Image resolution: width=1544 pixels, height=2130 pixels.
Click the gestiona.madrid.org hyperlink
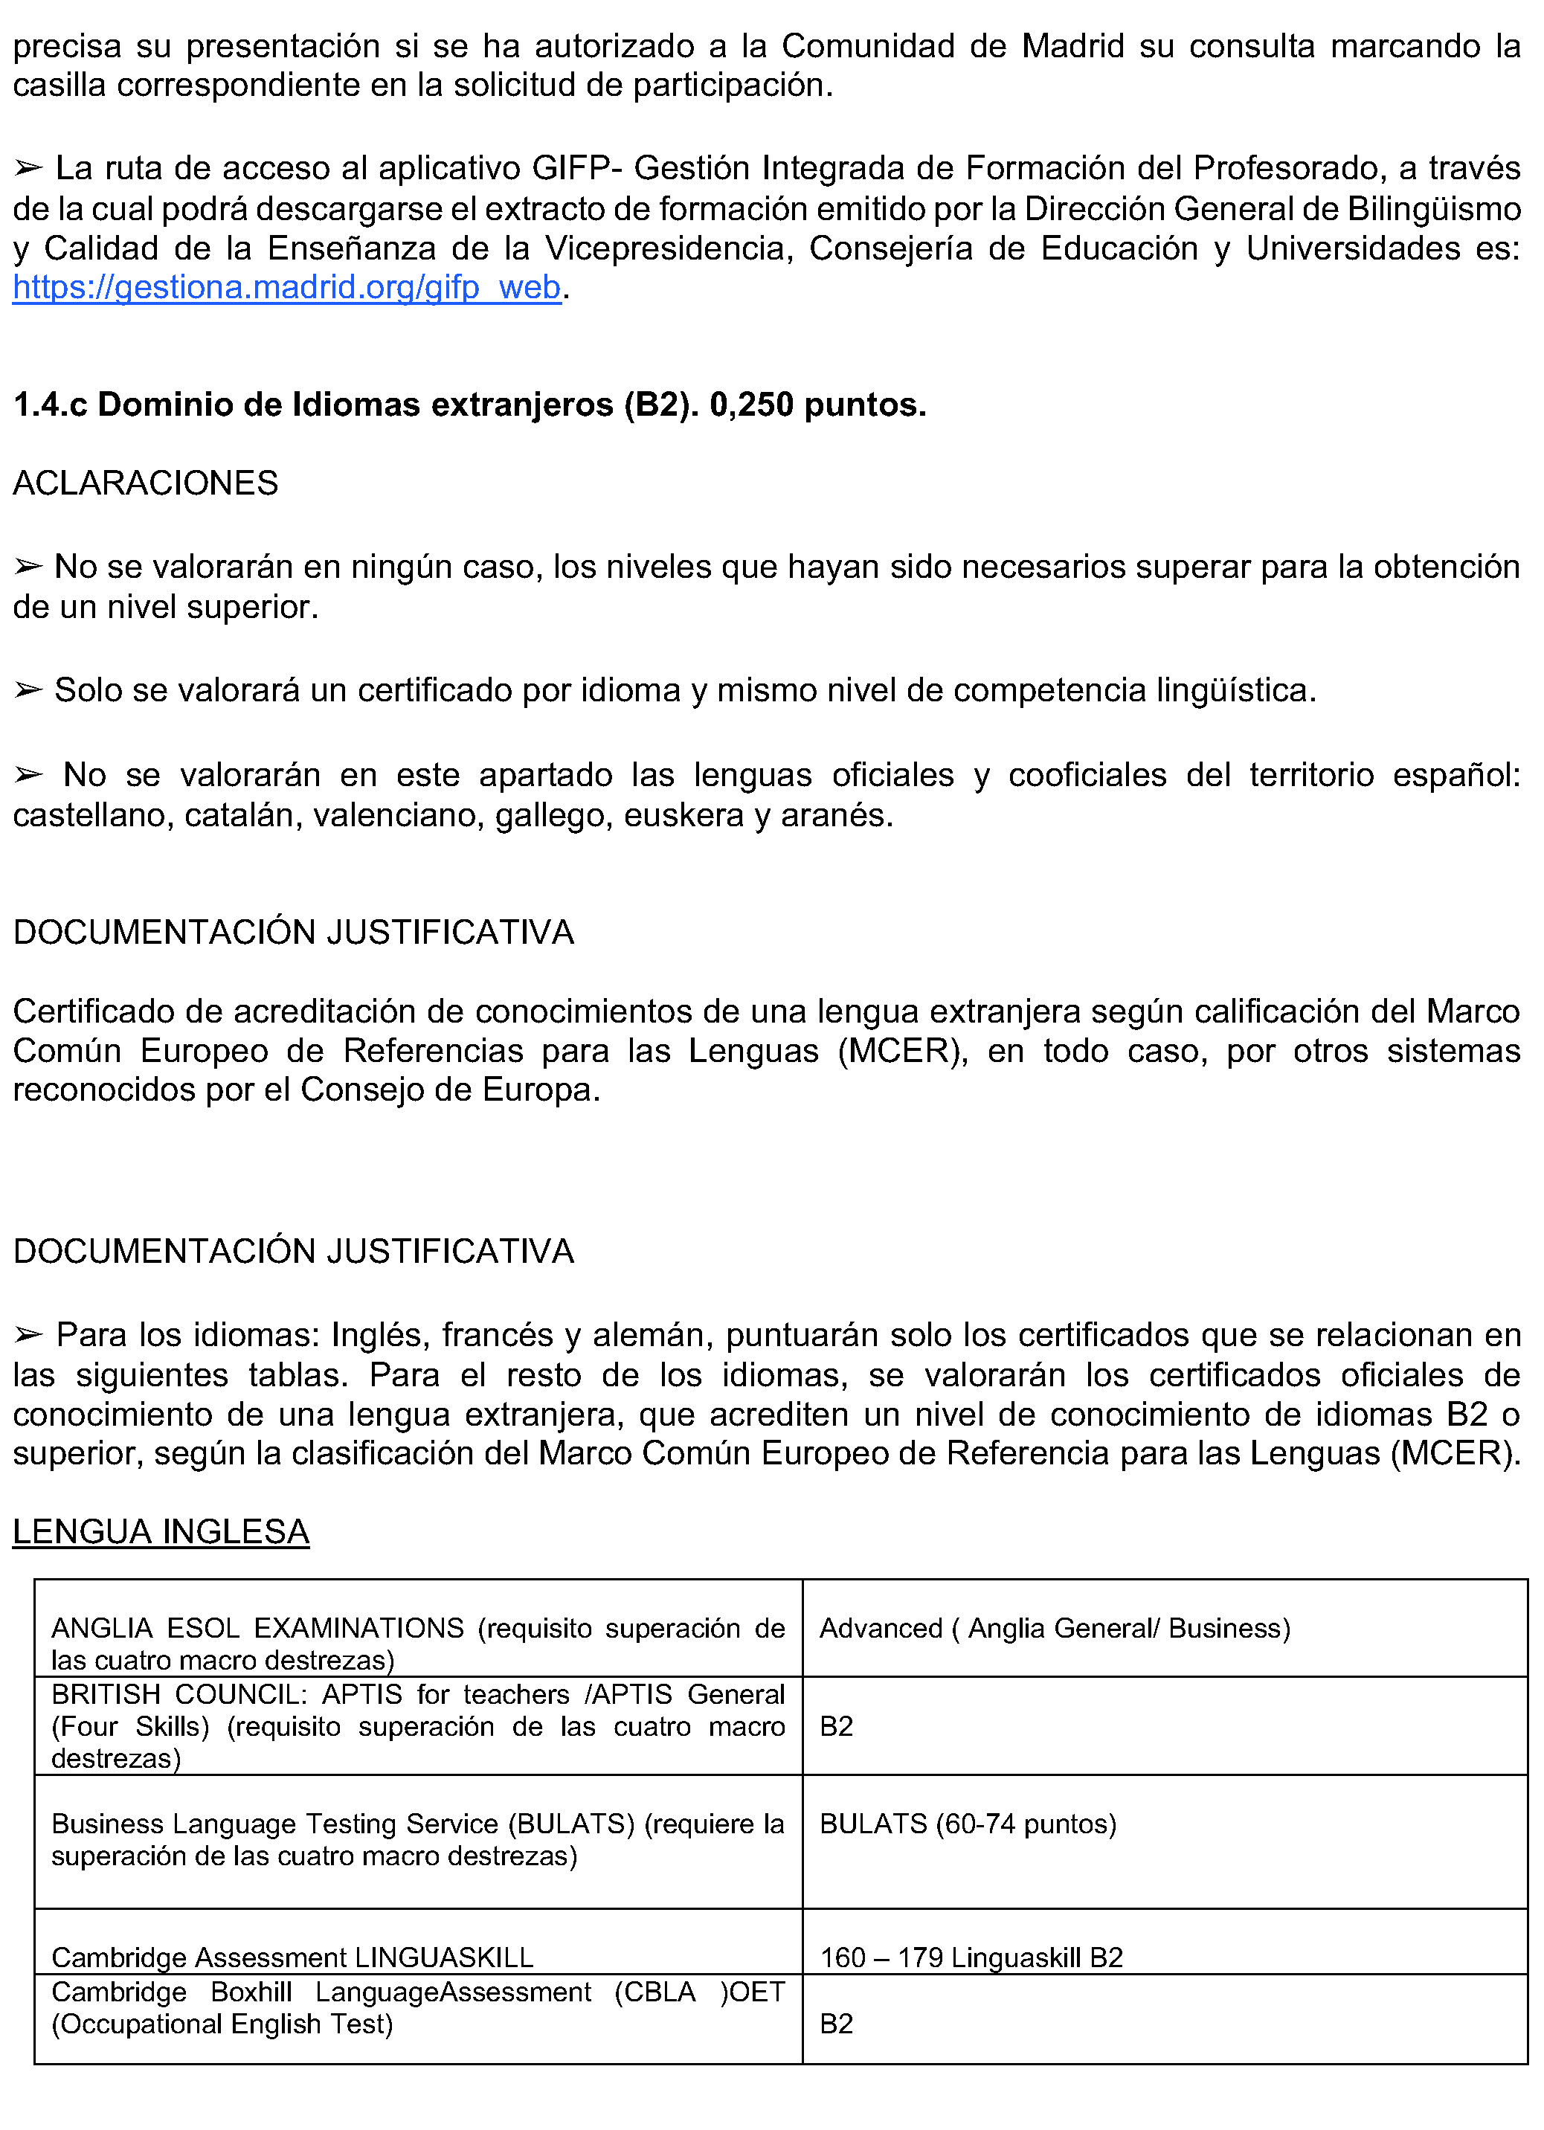tap(286, 287)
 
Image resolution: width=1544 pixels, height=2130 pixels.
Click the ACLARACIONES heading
tap(146, 483)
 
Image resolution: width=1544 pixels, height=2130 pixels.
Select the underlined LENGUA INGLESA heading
tap(161, 1532)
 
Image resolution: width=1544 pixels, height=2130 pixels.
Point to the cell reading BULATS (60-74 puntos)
tap(968, 1824)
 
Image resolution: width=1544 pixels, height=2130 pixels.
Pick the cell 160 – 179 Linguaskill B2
tap(971, 1957)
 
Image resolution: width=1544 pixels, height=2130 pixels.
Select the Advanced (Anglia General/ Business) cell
tap(1055, 1629)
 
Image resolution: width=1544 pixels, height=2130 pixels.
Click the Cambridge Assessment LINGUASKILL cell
tap(292, 1957)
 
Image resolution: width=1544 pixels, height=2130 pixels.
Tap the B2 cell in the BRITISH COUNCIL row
tap(836, 1726)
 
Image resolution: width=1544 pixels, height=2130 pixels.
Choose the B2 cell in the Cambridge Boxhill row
tap(836, 2023)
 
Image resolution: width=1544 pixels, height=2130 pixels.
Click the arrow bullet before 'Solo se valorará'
tap(29, 691)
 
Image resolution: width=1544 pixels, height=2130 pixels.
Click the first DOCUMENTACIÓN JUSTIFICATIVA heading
tap(293, 933)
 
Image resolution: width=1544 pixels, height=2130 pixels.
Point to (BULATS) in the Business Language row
tap(572, 1824)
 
